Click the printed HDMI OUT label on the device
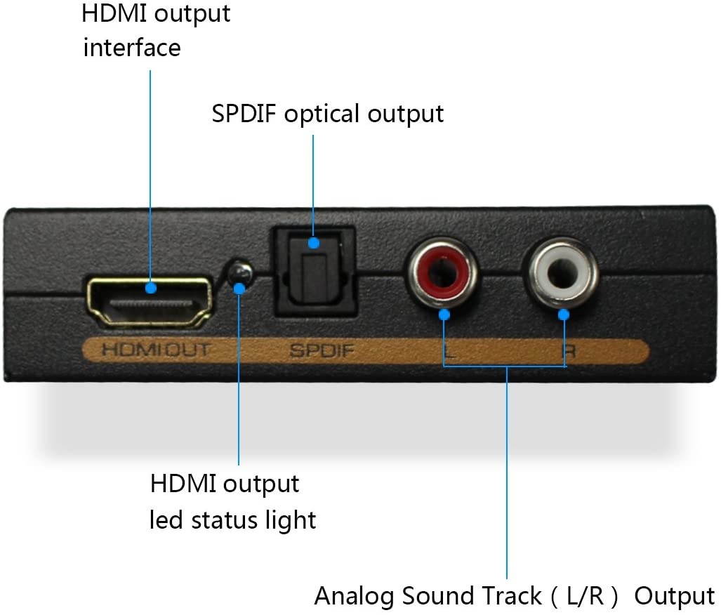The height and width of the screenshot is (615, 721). tap(155, 350)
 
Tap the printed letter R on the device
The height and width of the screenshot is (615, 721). tap(569, 351)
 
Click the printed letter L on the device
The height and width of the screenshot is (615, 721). tap(450, 350)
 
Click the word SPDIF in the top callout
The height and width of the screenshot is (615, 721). tap(244, 114)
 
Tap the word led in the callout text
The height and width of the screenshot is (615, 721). tap(167, 520)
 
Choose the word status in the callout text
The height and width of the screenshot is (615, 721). tap(227, 520)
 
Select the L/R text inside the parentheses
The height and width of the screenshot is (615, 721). tap(584, 596)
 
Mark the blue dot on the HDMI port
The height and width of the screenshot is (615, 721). tap(150, 287)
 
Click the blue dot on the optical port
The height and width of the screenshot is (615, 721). tap(314, 244)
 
